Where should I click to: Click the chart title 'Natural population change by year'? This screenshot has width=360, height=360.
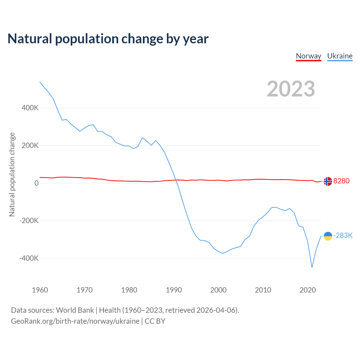point(108,39)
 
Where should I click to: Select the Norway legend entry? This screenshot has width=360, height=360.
point(309,56)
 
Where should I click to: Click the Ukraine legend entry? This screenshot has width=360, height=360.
point(340,56)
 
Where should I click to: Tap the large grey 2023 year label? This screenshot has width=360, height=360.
point(291,89)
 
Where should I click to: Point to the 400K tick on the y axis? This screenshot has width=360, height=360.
point(30,108)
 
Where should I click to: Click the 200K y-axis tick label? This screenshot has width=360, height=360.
point(30,145)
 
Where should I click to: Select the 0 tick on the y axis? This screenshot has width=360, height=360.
point(37,183)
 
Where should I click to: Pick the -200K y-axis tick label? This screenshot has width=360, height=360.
point(29,221)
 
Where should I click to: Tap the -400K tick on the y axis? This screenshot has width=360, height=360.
point(29,258)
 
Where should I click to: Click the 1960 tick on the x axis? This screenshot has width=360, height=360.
point(40,290)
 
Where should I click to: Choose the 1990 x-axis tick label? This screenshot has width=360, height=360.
point(174,290)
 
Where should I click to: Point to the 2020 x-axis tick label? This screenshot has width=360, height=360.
point(308,290)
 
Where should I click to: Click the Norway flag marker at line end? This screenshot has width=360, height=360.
point(328,181)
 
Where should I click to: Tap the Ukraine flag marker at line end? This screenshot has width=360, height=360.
point(328,236)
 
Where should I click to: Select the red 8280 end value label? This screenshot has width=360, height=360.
point(341,181)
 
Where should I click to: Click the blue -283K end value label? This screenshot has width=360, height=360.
point(343,235)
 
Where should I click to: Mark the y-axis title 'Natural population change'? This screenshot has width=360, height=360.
point(12,175)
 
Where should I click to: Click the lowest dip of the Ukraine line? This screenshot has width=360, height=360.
point(312,267)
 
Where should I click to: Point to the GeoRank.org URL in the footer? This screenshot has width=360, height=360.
point(75,321)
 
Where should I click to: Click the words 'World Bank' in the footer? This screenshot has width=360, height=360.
point(75,310)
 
